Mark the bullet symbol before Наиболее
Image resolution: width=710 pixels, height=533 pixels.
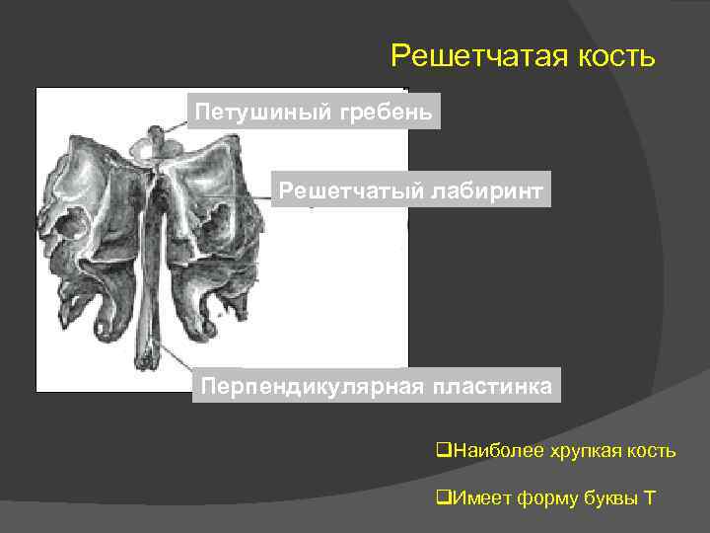coord(441,452)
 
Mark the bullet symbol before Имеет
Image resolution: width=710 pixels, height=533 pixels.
coord(441,496)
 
